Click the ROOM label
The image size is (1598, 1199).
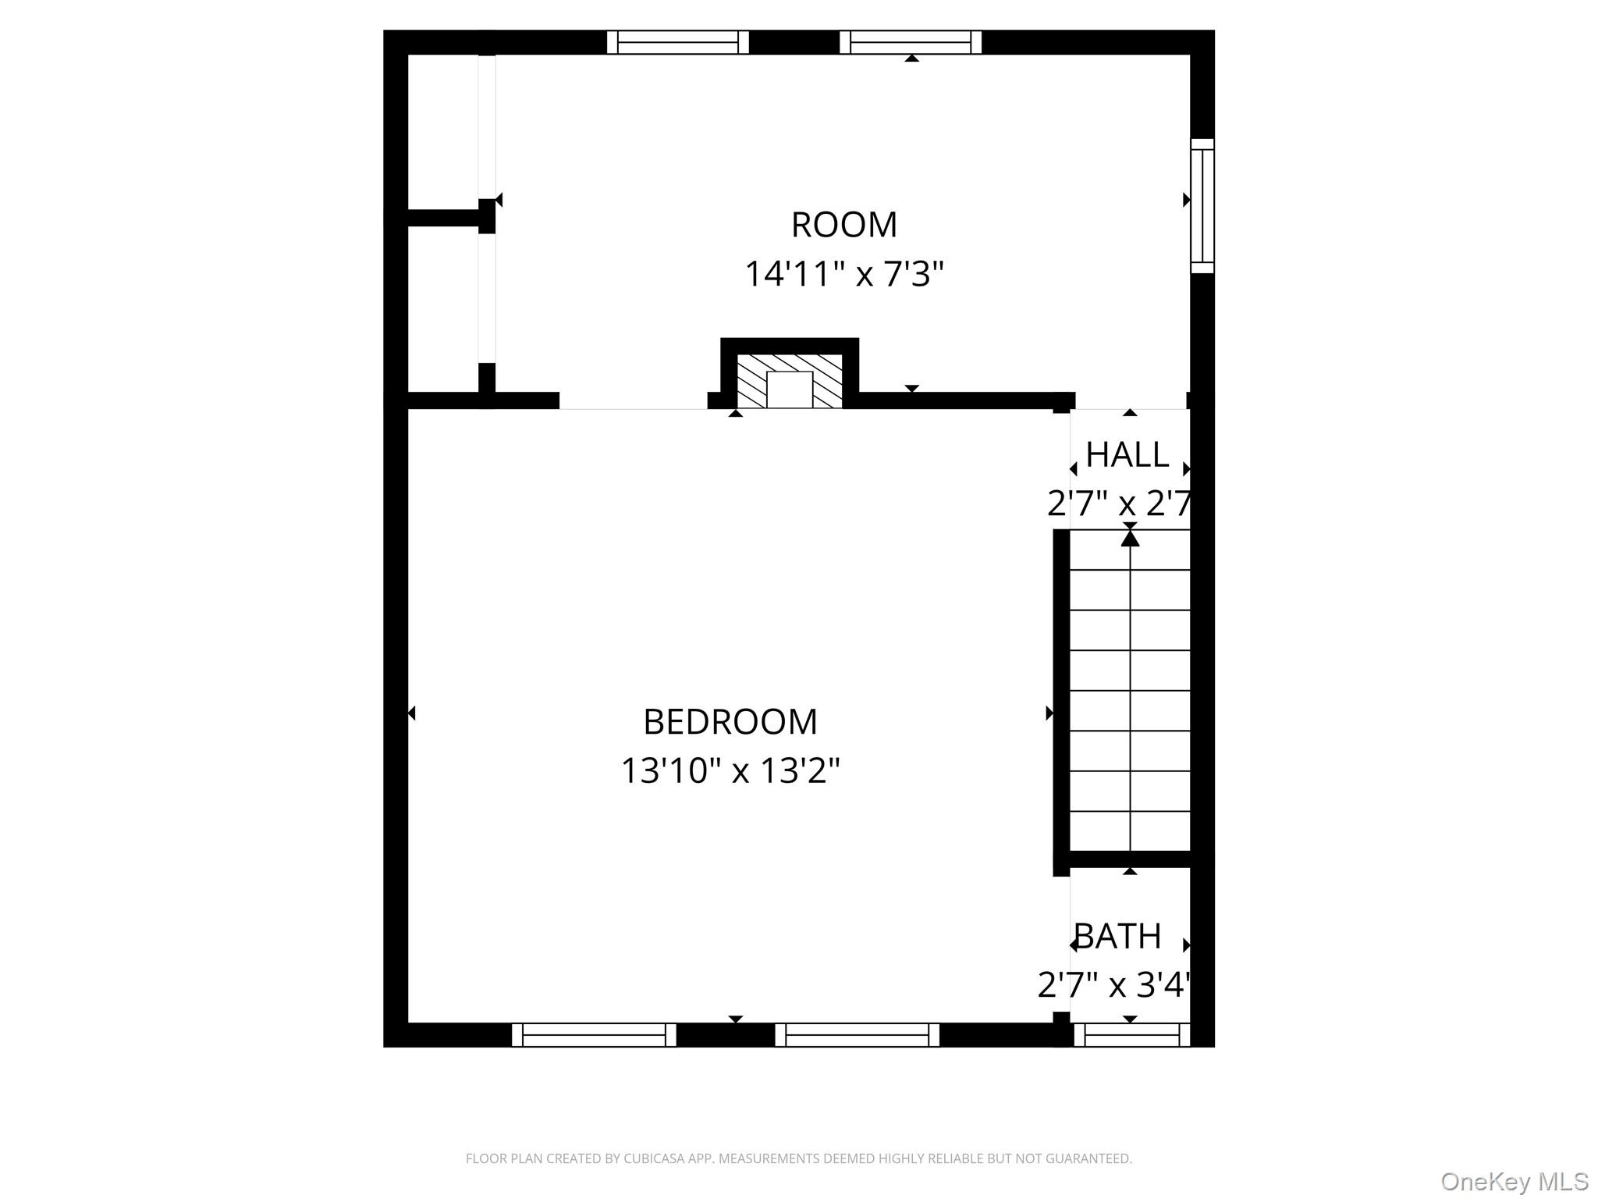point(844,225)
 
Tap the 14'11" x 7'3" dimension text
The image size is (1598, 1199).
point(844,274)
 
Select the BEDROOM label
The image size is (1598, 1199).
point(730,721)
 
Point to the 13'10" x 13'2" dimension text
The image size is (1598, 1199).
point(730,770)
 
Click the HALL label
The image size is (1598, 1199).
point(1127,454)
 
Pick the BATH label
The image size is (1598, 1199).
point(1118,936)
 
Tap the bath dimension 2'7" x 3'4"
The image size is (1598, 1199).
point(1113,984)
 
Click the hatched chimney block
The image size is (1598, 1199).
point(790,381)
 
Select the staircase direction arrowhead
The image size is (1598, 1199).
point(1130,538)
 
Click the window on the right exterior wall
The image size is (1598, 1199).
point(1202,206)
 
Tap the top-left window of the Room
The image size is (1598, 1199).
point(678,42)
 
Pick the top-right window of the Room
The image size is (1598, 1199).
point(911,42)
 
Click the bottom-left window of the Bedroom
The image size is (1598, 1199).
point(594,1035)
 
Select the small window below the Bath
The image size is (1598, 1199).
point(1132,1035)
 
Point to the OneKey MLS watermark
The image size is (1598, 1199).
point(1515,1181)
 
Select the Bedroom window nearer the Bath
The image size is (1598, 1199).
point(858,1035)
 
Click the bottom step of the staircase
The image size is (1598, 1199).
point(1130,831)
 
